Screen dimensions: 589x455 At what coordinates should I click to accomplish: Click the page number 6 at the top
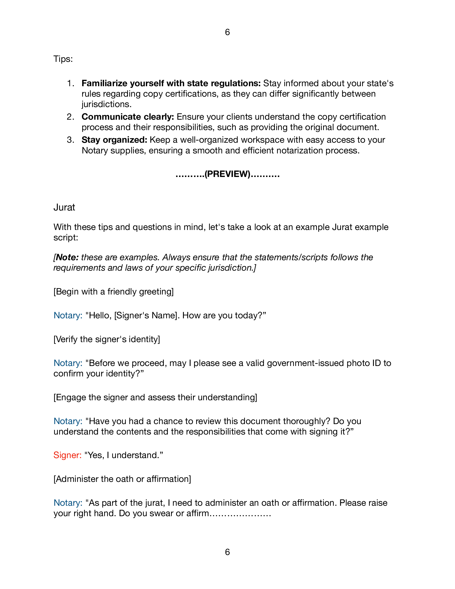tap(227, 32)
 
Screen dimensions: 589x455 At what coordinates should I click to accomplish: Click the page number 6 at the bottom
tap(227, 552)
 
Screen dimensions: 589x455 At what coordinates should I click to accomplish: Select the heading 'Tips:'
tap(63, 59)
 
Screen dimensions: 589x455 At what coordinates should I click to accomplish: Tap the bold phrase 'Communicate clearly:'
tap(128, 117)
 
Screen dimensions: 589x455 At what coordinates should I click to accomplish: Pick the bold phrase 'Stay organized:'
tap(114, 140)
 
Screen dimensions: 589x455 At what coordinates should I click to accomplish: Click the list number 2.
tap(70, 117)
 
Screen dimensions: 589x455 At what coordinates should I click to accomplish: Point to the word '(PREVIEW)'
tap(227, 174)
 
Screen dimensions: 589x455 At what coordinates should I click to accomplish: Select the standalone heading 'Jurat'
tap(64, 207)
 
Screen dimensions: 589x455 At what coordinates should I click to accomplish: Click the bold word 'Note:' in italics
tap(67, 257)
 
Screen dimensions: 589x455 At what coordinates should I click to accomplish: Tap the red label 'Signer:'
tap(67, 455)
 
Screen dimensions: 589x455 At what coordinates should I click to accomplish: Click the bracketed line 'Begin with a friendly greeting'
tap(113, 292)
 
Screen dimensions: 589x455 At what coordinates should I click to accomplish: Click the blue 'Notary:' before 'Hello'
tap(68, 315)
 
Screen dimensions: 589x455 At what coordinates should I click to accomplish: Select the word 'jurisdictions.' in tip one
tap(107, 104)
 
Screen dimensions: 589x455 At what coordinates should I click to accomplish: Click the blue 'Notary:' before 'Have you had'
tap(68, 421)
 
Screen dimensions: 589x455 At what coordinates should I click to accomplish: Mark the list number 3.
tap(70, 140)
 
